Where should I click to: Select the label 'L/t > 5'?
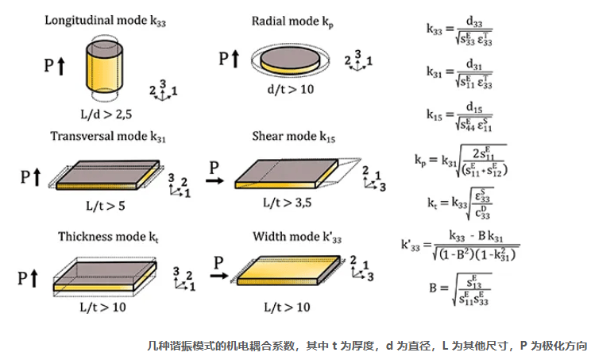click(104, 205)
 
